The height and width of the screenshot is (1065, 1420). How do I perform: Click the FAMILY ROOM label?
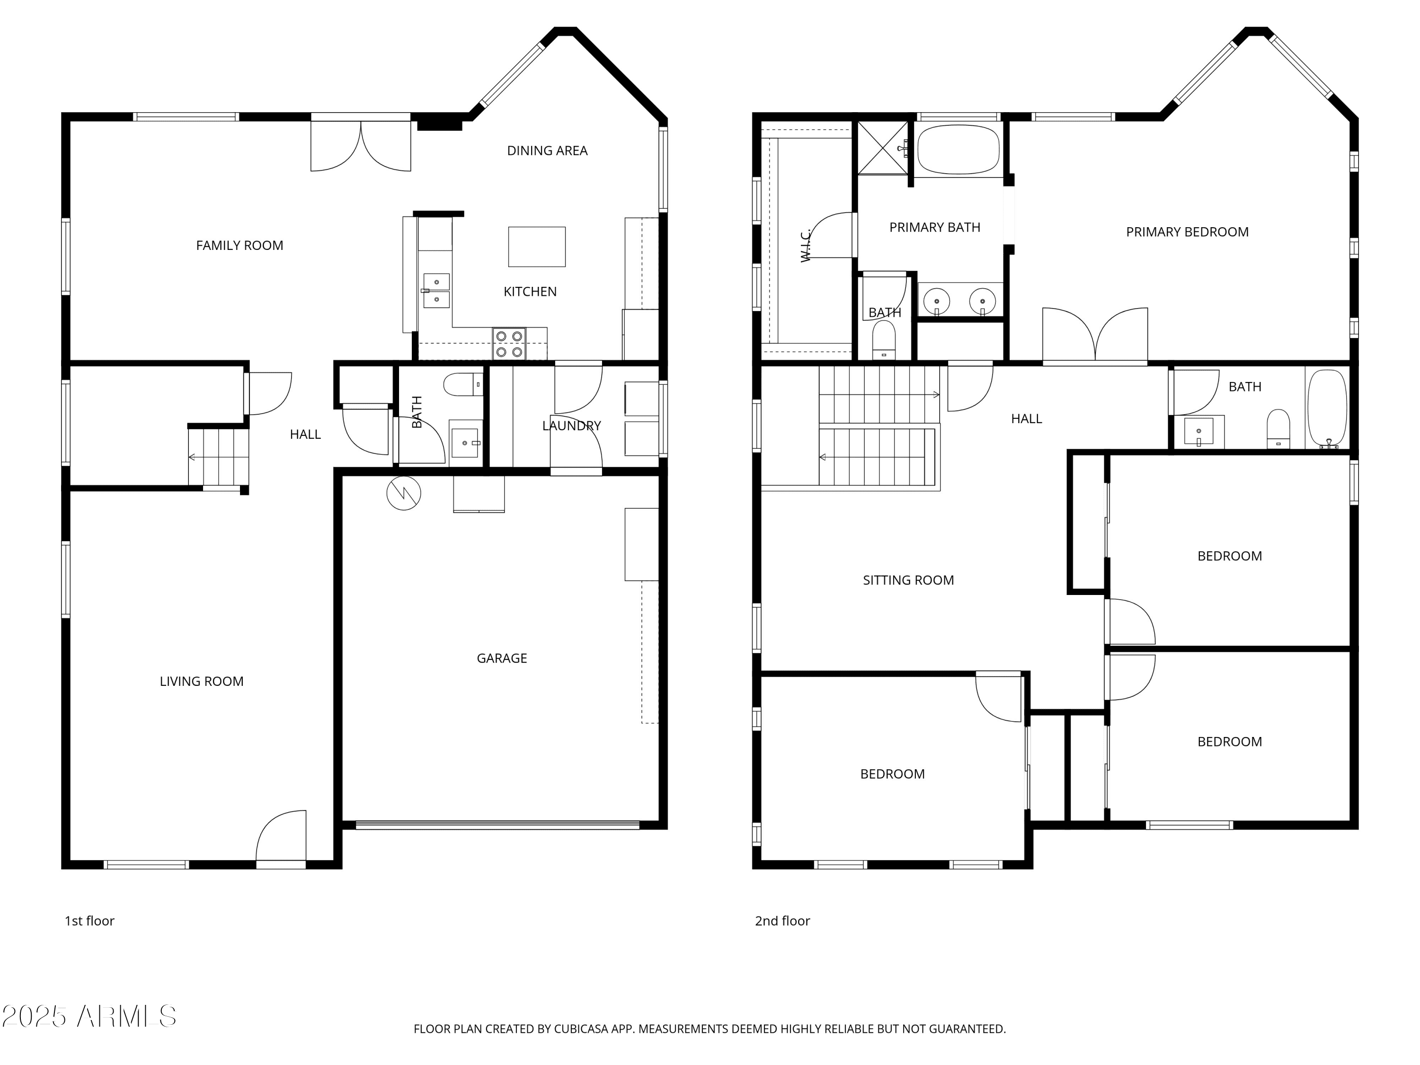point(240,245)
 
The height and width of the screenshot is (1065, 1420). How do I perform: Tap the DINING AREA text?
point(547,151)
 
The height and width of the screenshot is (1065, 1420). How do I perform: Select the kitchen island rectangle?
point(537,247)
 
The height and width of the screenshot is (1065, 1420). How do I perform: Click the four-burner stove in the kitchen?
point(509,344)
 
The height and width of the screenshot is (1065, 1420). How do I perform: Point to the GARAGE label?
point(502,658)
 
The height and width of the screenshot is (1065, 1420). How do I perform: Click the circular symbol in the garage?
point(404,494)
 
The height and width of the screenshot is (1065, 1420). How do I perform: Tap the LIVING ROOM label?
point(202,681)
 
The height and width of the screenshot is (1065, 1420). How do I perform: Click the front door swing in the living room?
point(281,835)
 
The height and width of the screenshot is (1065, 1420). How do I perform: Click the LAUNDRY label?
point(571,426)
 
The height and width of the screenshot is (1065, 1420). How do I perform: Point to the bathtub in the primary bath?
point(958,150)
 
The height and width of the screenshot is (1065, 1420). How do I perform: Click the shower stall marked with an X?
point(883,148)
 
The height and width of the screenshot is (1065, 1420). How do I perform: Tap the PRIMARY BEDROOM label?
point(1187,232)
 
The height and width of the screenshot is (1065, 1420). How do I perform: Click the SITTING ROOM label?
point(908,580)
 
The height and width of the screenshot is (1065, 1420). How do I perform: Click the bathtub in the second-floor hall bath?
point(1327,408)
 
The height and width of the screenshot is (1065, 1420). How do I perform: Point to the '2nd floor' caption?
point(782,921)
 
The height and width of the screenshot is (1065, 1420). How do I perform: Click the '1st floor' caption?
point(89,921)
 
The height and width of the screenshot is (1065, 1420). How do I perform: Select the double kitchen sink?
point(436,291)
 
